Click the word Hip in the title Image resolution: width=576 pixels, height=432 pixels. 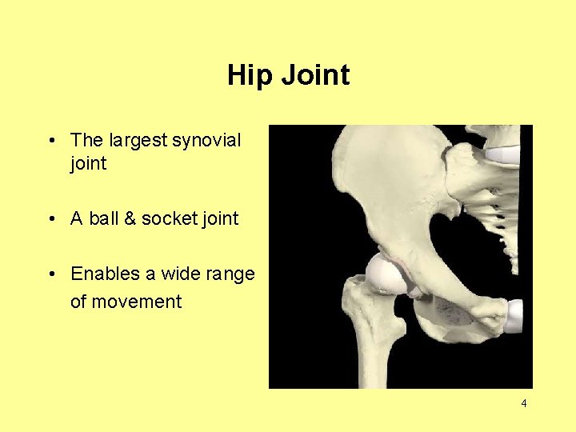pos(245,76)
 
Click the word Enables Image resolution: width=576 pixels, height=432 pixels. pos(105,274)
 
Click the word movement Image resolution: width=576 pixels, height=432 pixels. pos(138,302)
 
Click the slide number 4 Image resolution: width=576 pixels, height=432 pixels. pos(524,404)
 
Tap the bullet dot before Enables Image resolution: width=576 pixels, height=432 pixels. pos(50,274)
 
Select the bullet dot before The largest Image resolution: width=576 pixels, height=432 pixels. pos(50,141)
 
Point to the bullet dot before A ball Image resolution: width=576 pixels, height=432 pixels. pos(50,218)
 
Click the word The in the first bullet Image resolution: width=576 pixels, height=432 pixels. pos(86,141)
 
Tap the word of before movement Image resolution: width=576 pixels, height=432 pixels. pos(79,302)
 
